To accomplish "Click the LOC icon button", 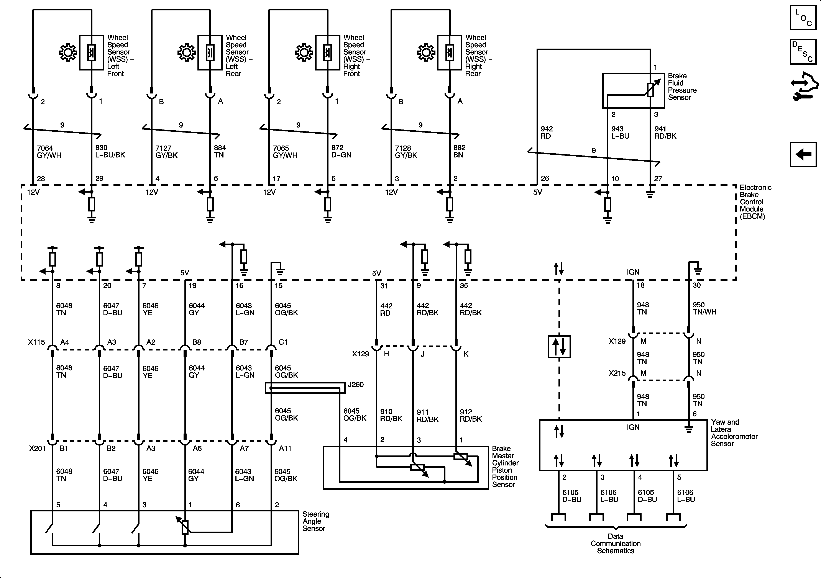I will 803,17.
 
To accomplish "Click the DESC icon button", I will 803,52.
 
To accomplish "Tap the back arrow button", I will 803,154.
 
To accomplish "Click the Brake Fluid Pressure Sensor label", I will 682,87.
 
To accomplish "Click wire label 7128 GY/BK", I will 406,152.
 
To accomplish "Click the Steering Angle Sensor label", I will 315,521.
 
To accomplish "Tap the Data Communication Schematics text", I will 615,543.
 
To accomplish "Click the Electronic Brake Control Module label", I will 755,202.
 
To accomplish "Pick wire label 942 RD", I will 546,132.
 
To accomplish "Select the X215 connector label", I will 617,373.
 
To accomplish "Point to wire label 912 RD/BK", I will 471,415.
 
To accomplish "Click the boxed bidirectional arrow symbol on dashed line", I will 559,346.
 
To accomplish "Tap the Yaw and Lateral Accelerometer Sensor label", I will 734,433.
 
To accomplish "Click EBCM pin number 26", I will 545,178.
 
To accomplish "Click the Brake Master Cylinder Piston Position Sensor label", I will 505,467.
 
